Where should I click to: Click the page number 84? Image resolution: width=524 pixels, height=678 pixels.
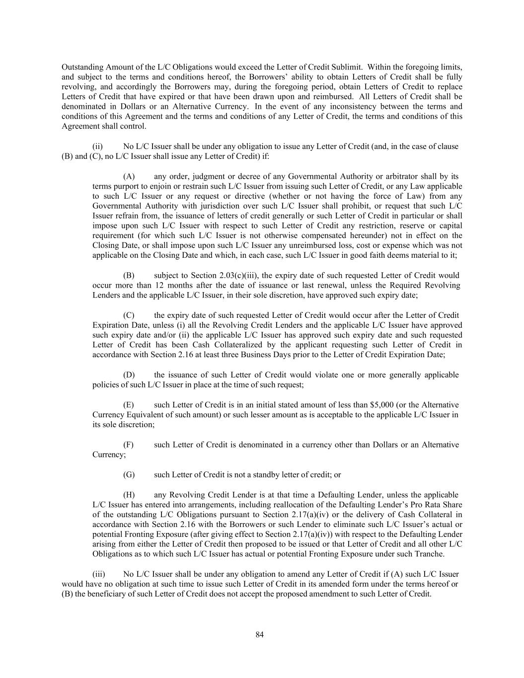(x=260, y=634)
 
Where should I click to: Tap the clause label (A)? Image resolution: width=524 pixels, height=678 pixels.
(x=129, y=176)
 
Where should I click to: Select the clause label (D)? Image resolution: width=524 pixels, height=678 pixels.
(x=129, y=375)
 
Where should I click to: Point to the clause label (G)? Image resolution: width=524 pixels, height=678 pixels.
(x=129, y=475)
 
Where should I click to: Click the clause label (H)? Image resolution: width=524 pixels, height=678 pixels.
(x=129, y=495)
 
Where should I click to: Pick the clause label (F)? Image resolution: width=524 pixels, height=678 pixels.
(x=128, y=445)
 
